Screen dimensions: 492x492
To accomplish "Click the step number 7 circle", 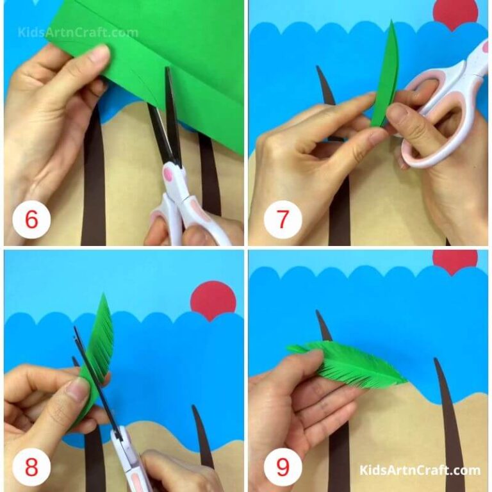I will click(x=283, y=220).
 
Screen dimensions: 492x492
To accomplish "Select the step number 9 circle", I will click(x=283, y=466).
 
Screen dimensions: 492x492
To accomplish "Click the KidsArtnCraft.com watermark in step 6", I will click(x=78, y=32).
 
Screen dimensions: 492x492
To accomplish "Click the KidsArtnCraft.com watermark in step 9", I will click(x=420, y=471).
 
